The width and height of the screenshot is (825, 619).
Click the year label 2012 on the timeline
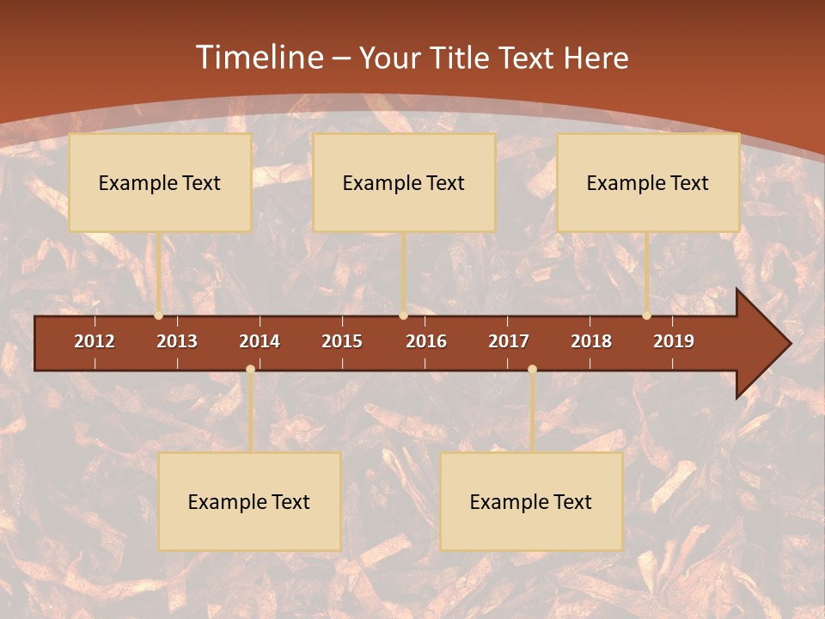tap(95, 341)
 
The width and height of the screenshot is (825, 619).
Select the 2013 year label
tap(177, 341)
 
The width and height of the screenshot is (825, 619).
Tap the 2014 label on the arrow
tap(260, 341)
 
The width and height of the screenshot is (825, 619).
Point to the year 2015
tap(342, 341)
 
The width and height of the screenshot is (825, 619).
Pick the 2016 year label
tap(426, 341)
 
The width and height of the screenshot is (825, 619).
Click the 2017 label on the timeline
tap(509, 341)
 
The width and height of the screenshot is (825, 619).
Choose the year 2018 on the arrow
tap(591, 341)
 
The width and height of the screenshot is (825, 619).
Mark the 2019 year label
tap(674, 341)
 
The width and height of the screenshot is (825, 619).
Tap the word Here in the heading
tap(596, 58)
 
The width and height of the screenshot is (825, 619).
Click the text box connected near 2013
tap(160, 182)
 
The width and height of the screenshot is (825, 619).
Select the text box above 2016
tap(404, 182)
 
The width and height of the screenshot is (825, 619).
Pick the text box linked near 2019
tap(648, 182)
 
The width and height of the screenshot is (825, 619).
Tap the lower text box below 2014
tap(249, 501)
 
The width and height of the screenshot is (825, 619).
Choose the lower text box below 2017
tap(531, 501)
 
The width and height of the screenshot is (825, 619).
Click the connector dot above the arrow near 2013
tap(159, 316)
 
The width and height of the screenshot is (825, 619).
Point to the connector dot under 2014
tap(250, 370)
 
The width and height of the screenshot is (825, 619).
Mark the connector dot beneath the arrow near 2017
tap(532, 370)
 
